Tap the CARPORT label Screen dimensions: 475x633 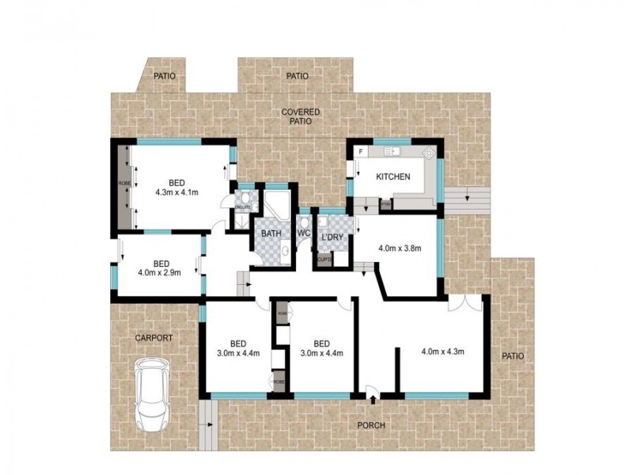[154, 338]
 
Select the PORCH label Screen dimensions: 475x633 [370, 425]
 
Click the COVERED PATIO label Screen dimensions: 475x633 [301, 117]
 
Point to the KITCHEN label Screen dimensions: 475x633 [392, 177]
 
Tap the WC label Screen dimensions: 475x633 [304, 234]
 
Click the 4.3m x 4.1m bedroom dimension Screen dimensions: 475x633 [177, 191]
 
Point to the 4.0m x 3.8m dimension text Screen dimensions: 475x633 [400, 249]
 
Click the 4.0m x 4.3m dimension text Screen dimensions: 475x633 [443, 351]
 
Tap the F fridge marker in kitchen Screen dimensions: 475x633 [361, 151]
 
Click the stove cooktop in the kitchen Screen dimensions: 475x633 [428, 154]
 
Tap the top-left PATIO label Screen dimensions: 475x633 [164, 77]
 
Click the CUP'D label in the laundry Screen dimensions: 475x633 [324, 259]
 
